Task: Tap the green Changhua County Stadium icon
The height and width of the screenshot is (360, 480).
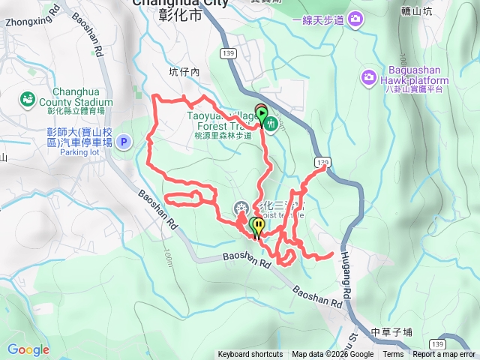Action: point(28,98)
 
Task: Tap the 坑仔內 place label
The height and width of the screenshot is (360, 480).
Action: point(184,73)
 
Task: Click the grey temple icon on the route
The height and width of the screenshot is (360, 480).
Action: point(241,208)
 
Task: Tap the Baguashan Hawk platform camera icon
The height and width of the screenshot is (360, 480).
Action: point(368,76)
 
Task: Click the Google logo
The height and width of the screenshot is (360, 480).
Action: point(28,349)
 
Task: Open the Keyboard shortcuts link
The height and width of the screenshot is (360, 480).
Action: point(250,355)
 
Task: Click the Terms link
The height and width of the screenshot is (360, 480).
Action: point(393,355)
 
